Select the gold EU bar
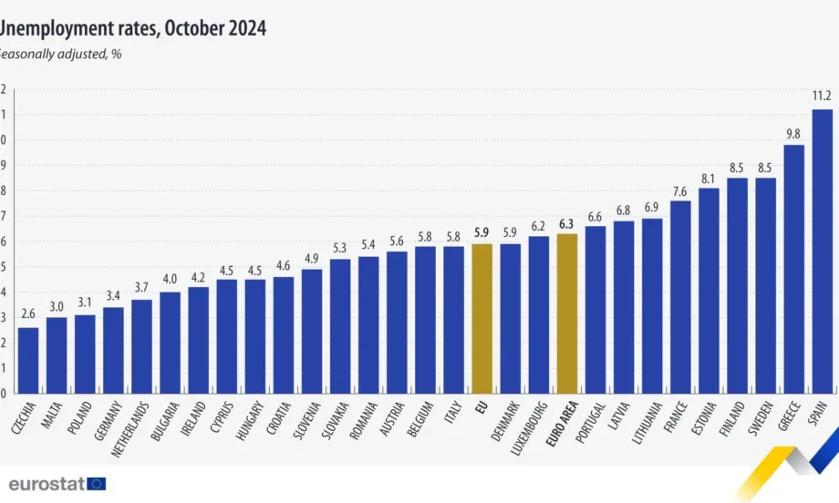[x=482, y=319]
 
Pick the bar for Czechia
[x=27, y=361]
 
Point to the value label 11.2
[x=822, y=95]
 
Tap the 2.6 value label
[x=27, y=313]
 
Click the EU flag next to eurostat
[x=97, y=483]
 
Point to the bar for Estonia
[x=709, y=291]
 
